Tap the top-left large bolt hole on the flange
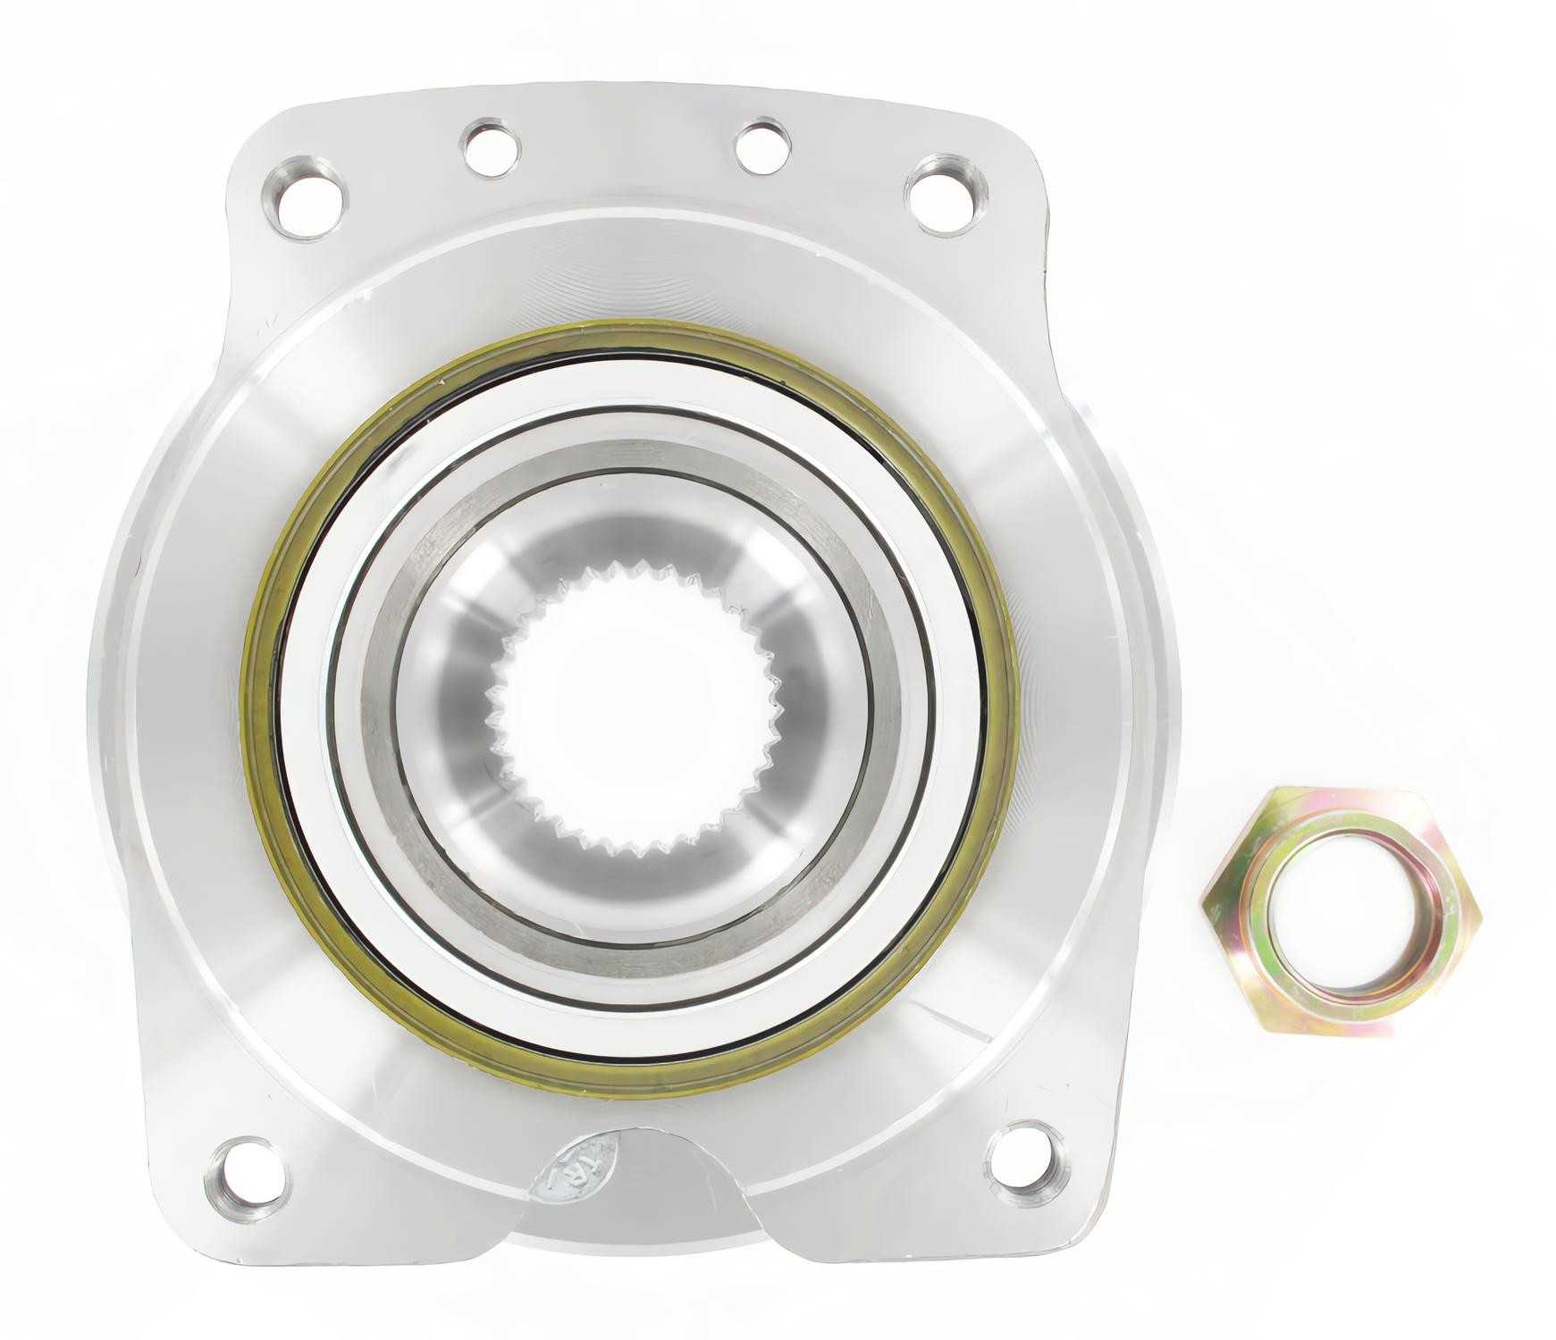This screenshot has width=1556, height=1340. tap(305, 197)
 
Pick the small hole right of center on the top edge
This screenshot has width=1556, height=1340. tap(762, 147)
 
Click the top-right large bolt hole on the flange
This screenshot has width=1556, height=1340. tap(946, 194)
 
